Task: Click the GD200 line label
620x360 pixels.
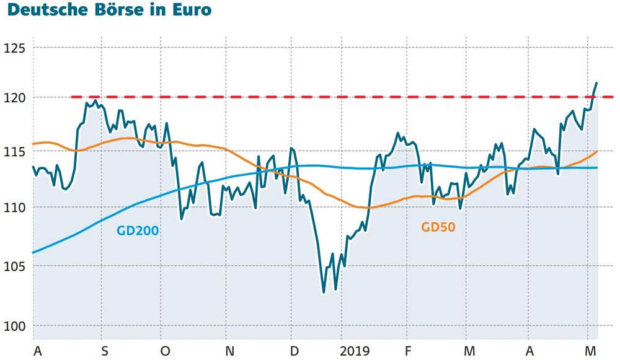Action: pos(138,231)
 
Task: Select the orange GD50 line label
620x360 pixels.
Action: pos(438,227)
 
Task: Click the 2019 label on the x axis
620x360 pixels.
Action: pos(355,351)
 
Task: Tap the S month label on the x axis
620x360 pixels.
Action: pos(104,351)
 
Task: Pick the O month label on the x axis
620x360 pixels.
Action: pos(165,351)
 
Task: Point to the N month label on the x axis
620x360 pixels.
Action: pos(229,351)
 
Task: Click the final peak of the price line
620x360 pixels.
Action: pos(596,83)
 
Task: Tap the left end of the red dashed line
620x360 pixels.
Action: pos(73,97)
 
